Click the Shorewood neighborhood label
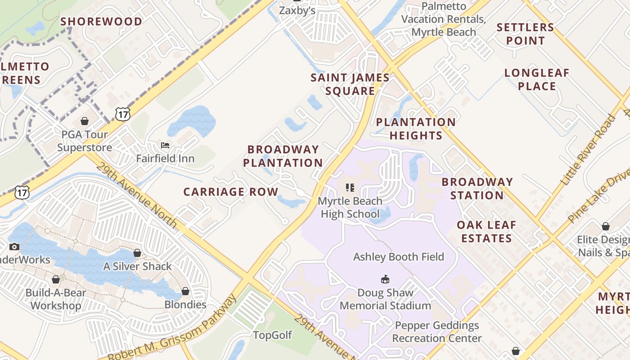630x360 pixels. pyautogui.click(x=101, y=22)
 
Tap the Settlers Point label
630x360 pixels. pyautogui.click(x=525, y=34)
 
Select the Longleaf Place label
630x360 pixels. pyautogui.click(x=537, y=79)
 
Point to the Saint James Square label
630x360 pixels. pyautogui.click(x=350, y=84)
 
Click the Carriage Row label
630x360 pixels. pyautogui.click(x=231, y=192)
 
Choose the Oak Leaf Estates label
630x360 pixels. pyautogui.click(x=486, y=231)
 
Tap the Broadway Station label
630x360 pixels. pyautogui.click(x=477, y=189)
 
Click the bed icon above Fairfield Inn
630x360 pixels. pyautogui.click(x=165, y=145)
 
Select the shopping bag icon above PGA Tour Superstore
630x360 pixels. pyautogui.click(x=84, y=121)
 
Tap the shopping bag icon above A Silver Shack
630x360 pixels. pyautogui.click(x=137, y=253)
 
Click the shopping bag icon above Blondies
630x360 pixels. pyautogui.click(x=185, y=292)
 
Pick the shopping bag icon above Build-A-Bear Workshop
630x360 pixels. pyautogui.click(x=56, y=280)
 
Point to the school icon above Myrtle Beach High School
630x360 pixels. pyautogui.click(x=350, y=188)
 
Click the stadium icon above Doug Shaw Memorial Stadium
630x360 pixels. pyautogui.click(x=385, y=279)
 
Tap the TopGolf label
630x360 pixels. pyautogui.click(x=272, y=335)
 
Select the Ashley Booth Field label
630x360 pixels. pyautogui.click(x=398, y=257)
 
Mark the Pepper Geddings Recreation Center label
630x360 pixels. pyautogui.click(x=436, y=332)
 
